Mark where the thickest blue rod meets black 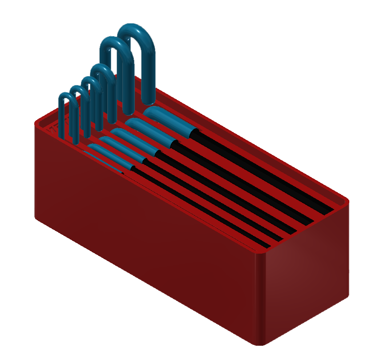click(x=195, y=132)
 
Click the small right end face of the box click(x=307, y=285)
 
